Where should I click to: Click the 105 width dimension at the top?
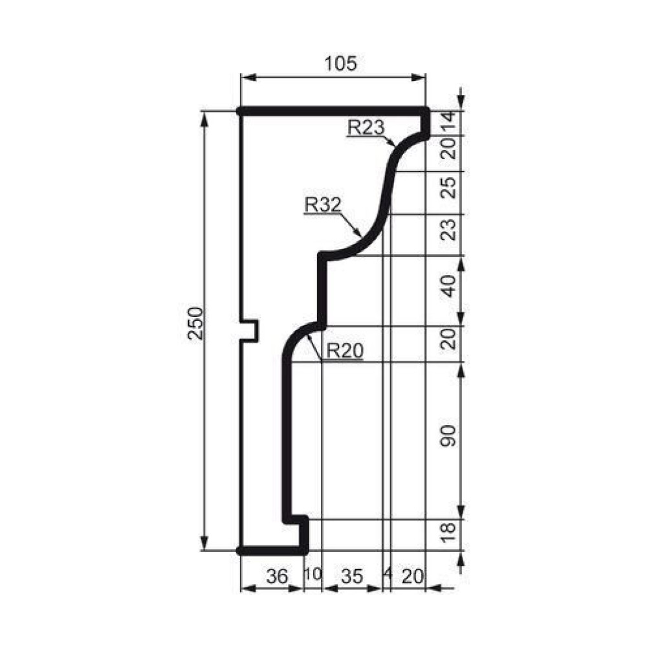click(340, 64)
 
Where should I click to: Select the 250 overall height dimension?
click(195, 323)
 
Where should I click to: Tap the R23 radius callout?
click(366, 127)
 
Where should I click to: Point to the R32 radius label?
click(323, 204)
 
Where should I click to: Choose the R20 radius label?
click(345, 351)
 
